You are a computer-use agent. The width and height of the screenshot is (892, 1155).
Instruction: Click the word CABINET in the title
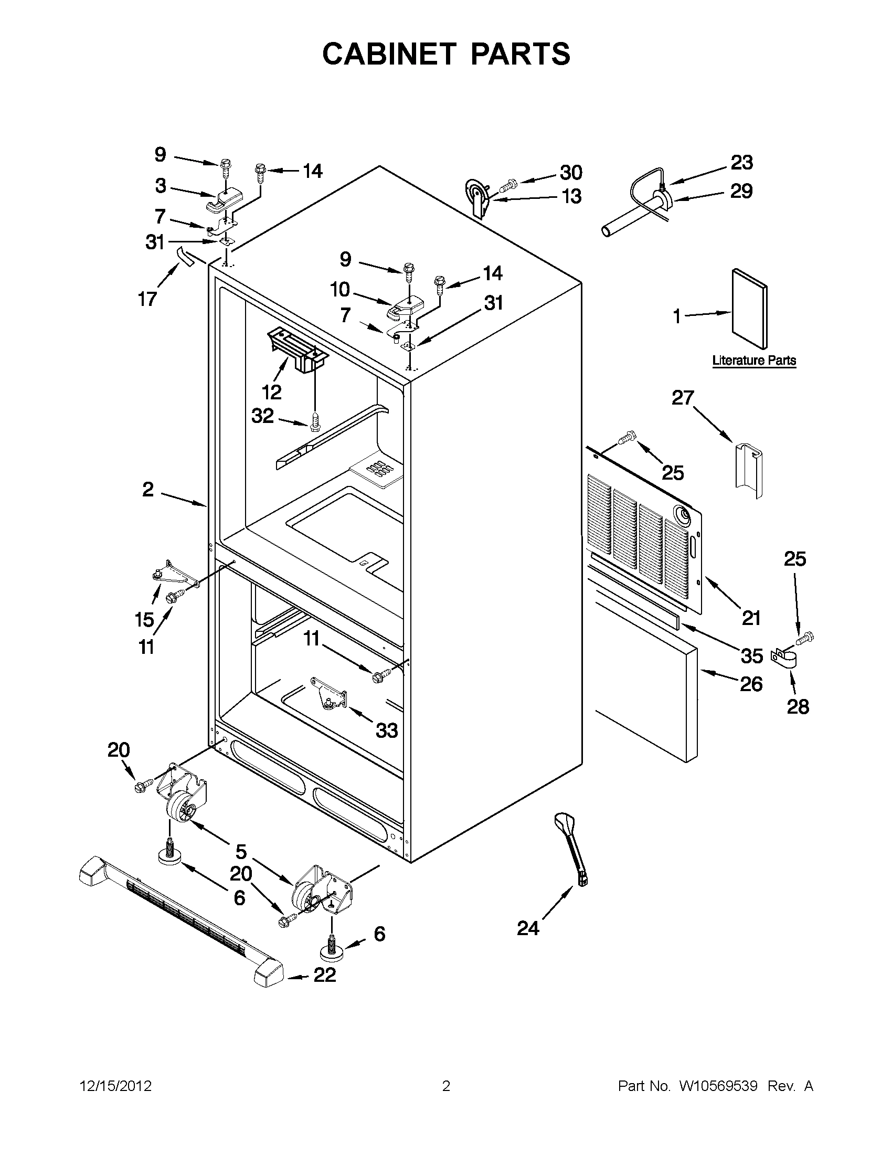pos(389,54)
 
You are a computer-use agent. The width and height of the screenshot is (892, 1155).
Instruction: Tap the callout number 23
pos(741,163)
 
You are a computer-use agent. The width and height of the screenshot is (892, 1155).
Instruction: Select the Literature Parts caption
pos(754,361)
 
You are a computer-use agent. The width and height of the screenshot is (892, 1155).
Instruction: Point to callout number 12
pos(271,392)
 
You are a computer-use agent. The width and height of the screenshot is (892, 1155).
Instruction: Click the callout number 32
pos(262,416)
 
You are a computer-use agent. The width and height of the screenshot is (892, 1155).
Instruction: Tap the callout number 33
pos(387,730)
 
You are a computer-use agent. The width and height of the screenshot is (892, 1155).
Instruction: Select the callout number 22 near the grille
pos(325,974)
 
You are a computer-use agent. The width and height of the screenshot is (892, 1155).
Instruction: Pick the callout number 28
pos(798,706)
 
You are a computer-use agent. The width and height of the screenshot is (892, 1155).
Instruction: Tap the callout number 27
pos(682,397)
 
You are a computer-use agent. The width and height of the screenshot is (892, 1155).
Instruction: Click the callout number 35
pos(751,656)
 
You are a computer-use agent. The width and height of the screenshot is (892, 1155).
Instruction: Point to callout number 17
pos(147,299)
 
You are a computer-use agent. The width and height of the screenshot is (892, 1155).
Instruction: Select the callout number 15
pos(144,619)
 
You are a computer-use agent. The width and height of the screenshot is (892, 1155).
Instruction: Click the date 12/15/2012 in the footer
pos(116,1086)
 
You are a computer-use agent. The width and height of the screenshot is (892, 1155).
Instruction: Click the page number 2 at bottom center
pos(445,1086)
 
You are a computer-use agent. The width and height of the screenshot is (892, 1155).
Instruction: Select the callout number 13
pos(571,196)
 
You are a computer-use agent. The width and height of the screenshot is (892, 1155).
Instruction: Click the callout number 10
pos(340,289)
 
